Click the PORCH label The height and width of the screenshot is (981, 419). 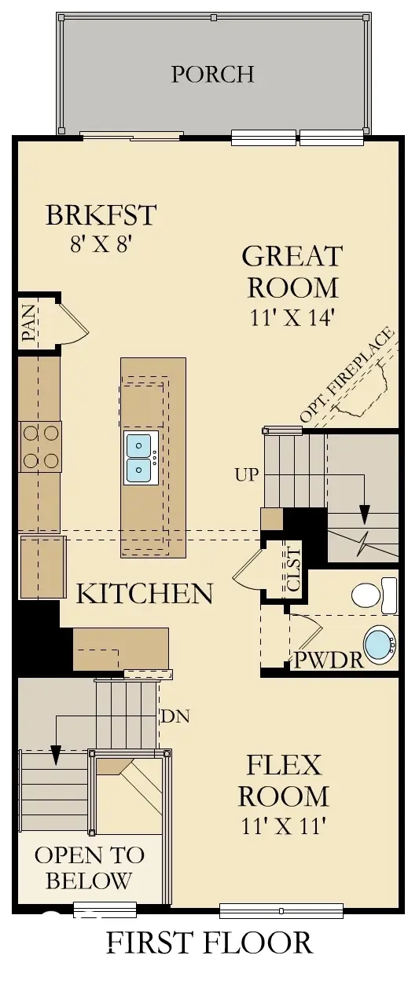212,74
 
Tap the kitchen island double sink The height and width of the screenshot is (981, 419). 141,457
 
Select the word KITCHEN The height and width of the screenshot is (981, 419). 144,593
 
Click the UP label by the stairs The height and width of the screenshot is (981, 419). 247,475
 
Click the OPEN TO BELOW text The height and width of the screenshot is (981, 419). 89,868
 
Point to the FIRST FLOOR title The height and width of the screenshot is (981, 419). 209,942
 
